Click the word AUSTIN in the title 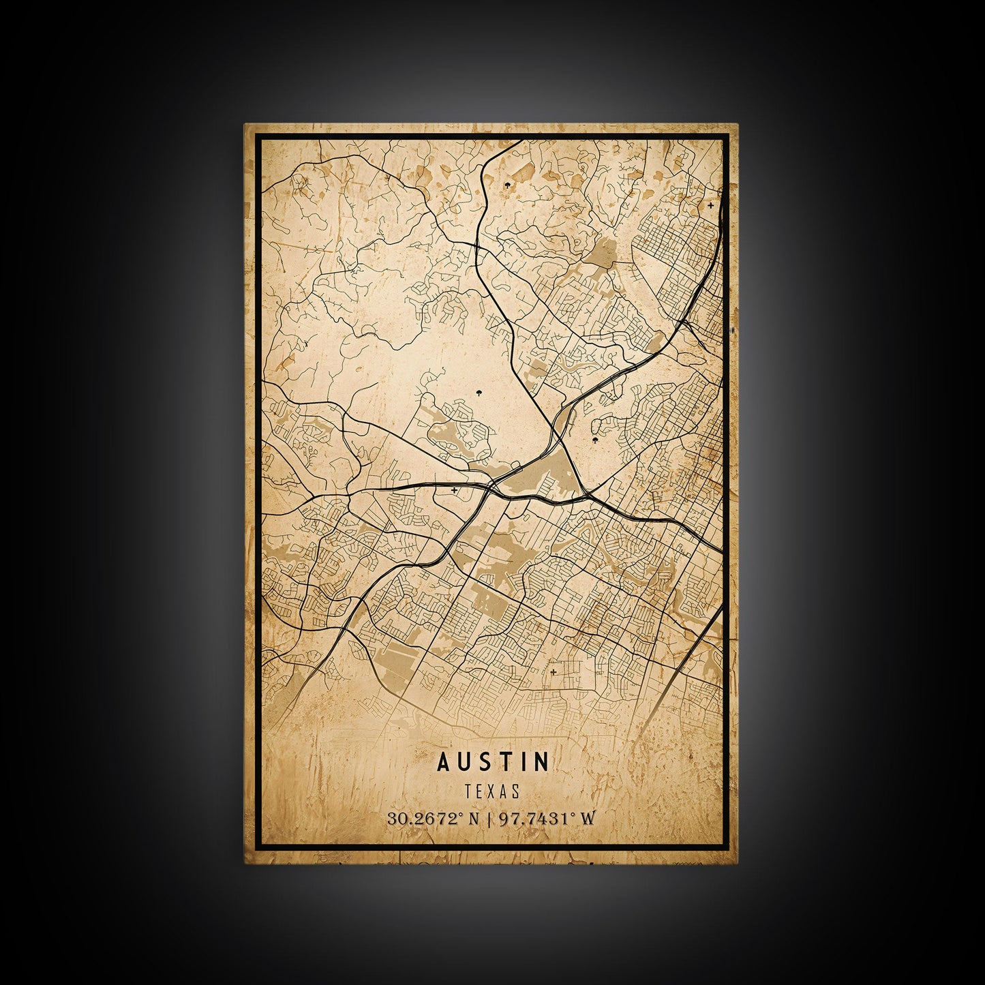(x=493, y=761)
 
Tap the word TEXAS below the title (x=492, y=791)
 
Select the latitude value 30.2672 (x=421, y=819)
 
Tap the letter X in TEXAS (x=492, y=791)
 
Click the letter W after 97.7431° (x=587, y=819)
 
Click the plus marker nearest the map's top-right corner (x=711, y=204)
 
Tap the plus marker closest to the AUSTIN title (x=552, y=672)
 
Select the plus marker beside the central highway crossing (x=454, y=489)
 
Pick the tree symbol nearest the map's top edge (x=507, y=185)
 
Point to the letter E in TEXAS (x=481, y=791)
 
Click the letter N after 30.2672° (x=474, y=819)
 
